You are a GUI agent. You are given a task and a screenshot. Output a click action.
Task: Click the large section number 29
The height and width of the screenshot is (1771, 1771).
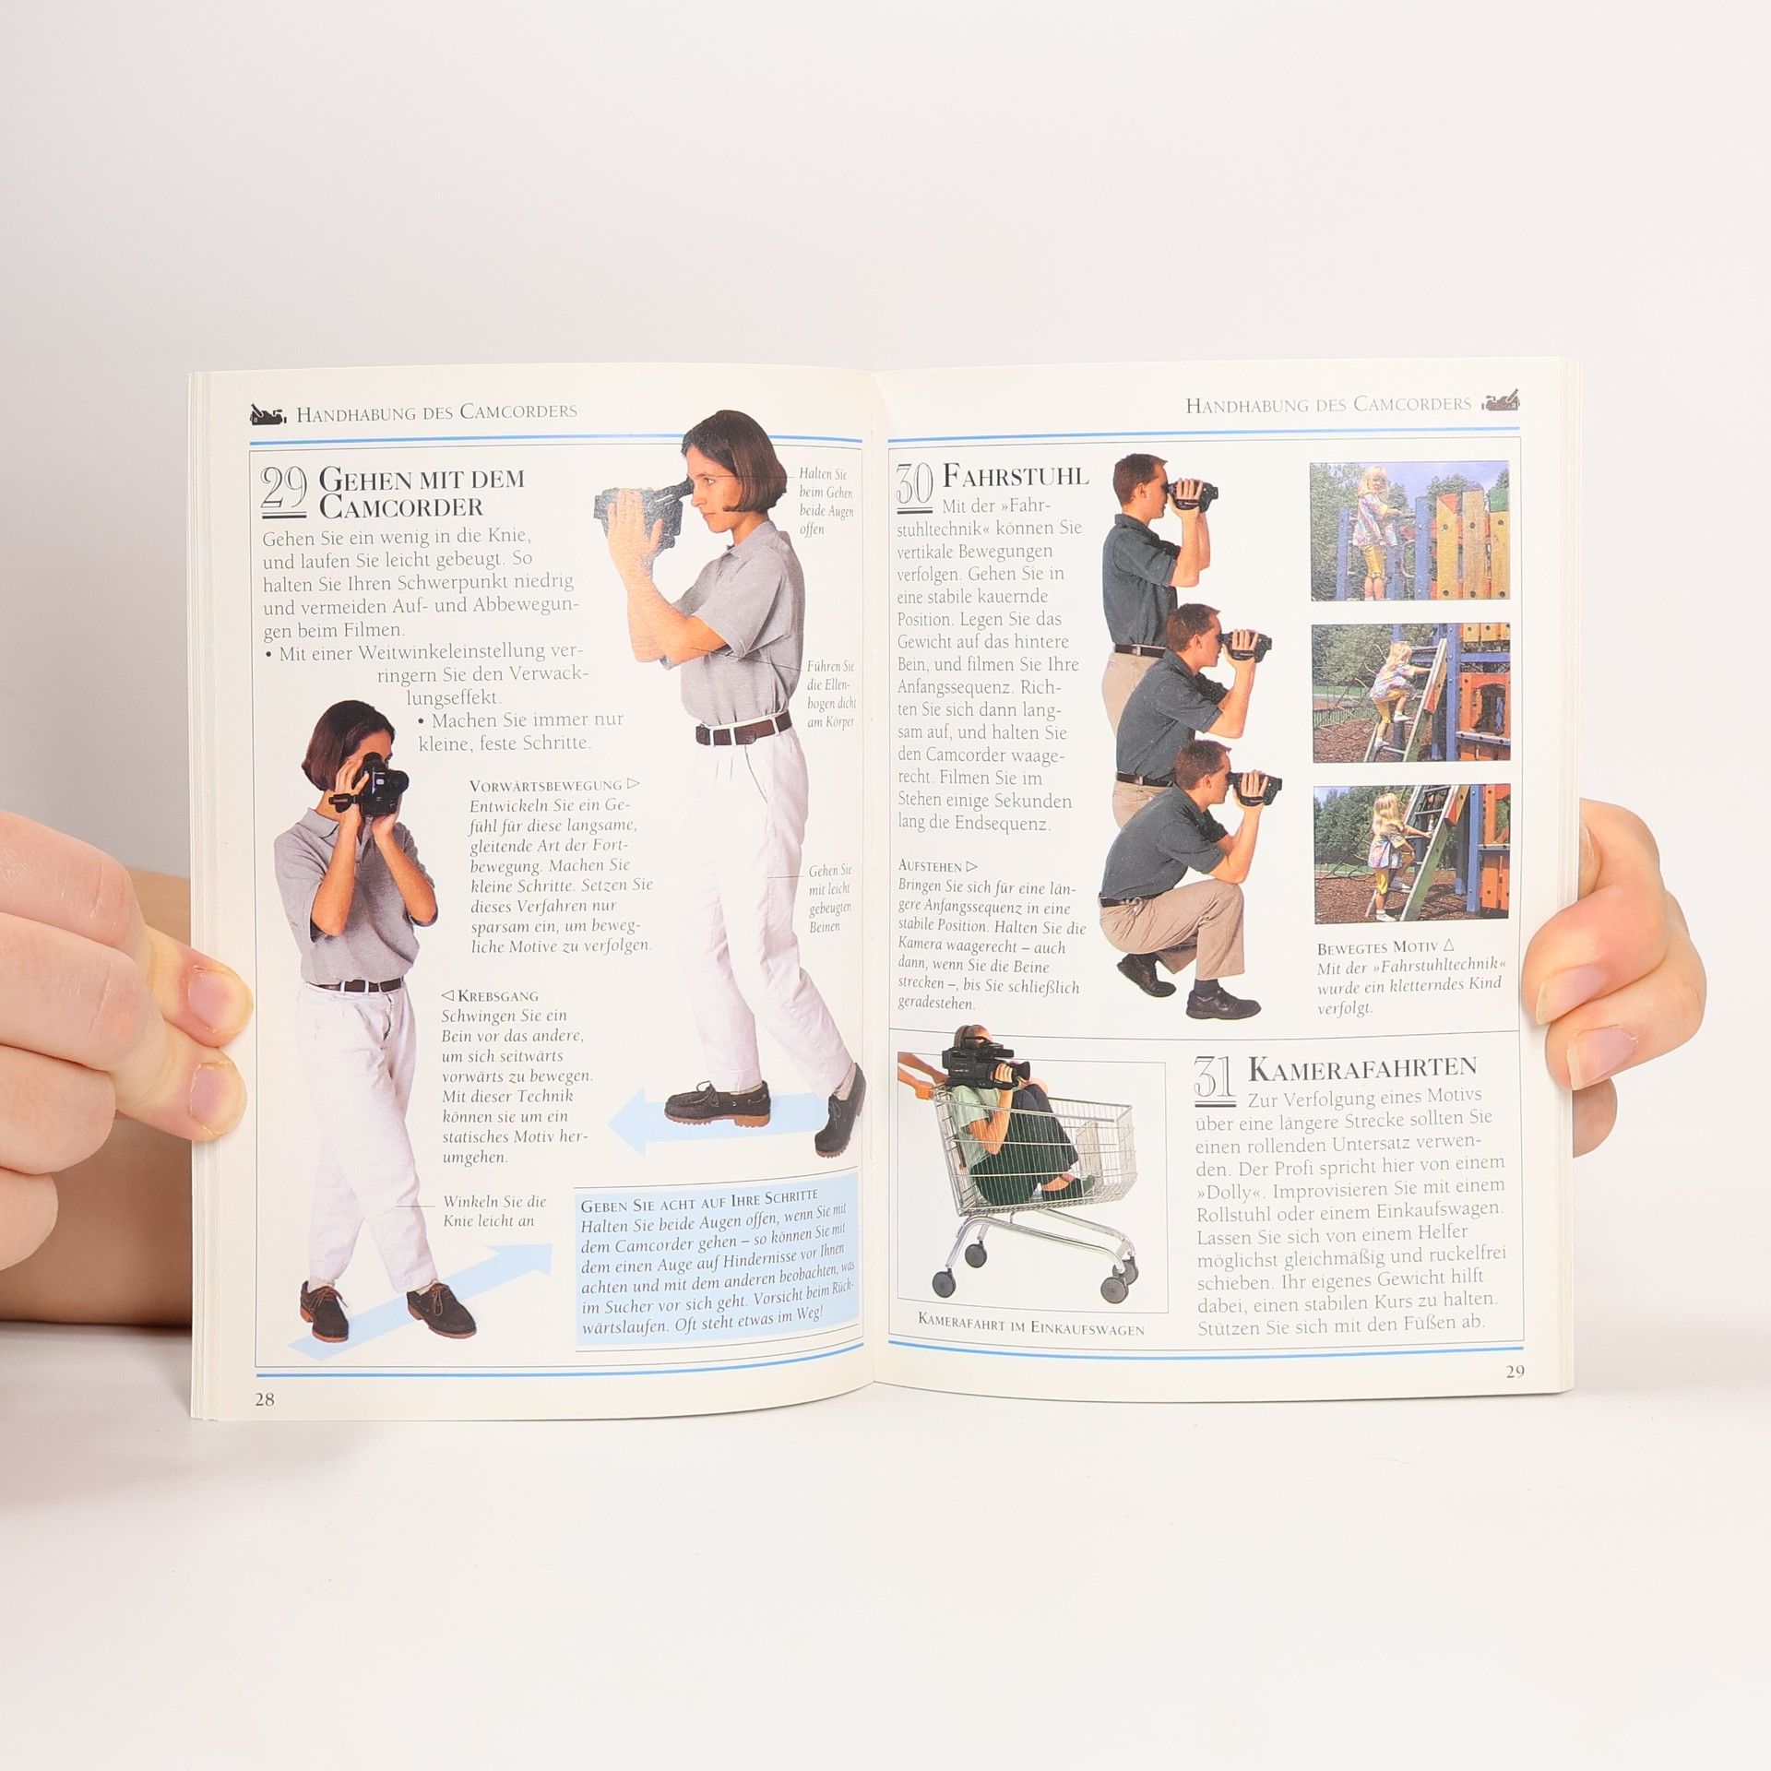point(285,490)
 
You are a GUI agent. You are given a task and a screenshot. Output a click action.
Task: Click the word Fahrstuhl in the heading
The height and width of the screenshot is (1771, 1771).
point(1016,476)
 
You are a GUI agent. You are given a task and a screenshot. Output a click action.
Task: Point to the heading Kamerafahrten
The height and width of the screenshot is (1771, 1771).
point(1362,1069)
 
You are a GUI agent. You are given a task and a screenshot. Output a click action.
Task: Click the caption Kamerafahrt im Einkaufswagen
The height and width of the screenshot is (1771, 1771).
point(1031,1329)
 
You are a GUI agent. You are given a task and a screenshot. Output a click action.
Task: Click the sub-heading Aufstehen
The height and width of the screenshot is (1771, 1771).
point(936,866)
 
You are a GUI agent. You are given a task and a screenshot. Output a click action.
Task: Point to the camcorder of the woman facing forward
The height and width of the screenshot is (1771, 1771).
point(377,785)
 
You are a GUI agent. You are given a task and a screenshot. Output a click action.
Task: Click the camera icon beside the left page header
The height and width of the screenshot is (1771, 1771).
point(268,415)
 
